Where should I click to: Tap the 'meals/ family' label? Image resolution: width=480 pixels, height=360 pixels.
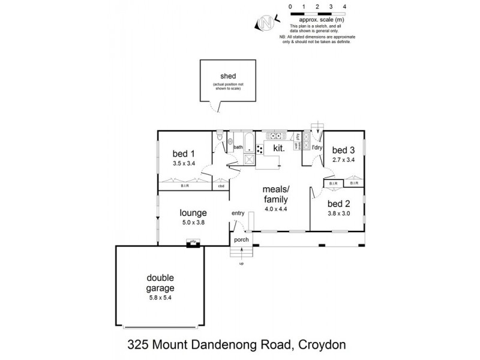[276, 194]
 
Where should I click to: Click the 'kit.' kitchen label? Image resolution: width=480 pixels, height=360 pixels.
[278, 147]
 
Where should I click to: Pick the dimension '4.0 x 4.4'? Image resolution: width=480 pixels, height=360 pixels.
[276, 209]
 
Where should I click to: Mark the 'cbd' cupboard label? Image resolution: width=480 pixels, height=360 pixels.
[221, 186]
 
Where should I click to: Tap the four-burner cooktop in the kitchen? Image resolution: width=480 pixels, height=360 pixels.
[260, 149]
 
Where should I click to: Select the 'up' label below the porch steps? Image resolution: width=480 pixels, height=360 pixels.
[242, 263]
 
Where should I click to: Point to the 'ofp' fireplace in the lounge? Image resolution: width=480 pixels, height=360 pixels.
[193, 242]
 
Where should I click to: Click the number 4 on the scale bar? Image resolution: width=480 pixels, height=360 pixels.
[344, 6]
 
